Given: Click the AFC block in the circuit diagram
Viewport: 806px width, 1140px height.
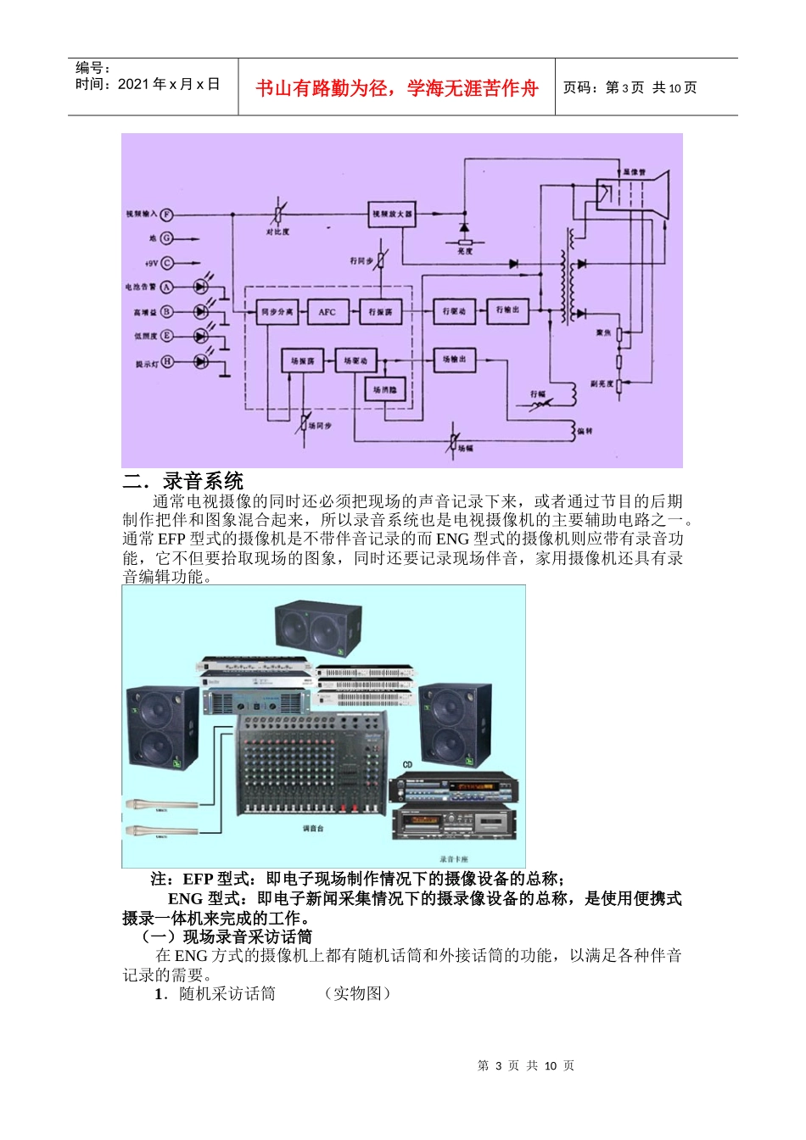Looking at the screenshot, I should (327, 312).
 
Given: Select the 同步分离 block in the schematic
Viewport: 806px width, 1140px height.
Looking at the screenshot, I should (277, 312).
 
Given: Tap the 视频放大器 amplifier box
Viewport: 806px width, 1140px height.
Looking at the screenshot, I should (393, 215).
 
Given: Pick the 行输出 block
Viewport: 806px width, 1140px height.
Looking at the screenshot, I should (507, 310).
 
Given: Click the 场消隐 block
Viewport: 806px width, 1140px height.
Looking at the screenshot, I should (383, 390).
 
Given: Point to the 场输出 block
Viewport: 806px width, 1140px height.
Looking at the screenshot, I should (455, 360).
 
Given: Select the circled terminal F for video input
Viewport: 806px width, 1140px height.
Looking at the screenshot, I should (167, 215).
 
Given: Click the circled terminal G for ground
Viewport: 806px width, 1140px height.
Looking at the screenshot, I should (167, 239).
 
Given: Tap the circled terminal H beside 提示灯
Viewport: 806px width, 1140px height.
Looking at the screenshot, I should (167, 361).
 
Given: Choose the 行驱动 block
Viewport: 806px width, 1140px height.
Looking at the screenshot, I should (455, 311).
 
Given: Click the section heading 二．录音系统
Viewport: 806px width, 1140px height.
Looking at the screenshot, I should (183, 482).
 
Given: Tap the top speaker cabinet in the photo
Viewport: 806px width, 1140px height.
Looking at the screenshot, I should (318, 629).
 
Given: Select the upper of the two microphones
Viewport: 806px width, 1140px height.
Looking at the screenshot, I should (161, 803).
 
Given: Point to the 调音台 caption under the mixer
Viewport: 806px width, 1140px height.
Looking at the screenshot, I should (313, 829).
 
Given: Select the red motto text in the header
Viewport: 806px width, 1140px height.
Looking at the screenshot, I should (397, 88).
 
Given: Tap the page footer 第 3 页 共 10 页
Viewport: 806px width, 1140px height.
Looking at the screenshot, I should (526, 1065).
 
